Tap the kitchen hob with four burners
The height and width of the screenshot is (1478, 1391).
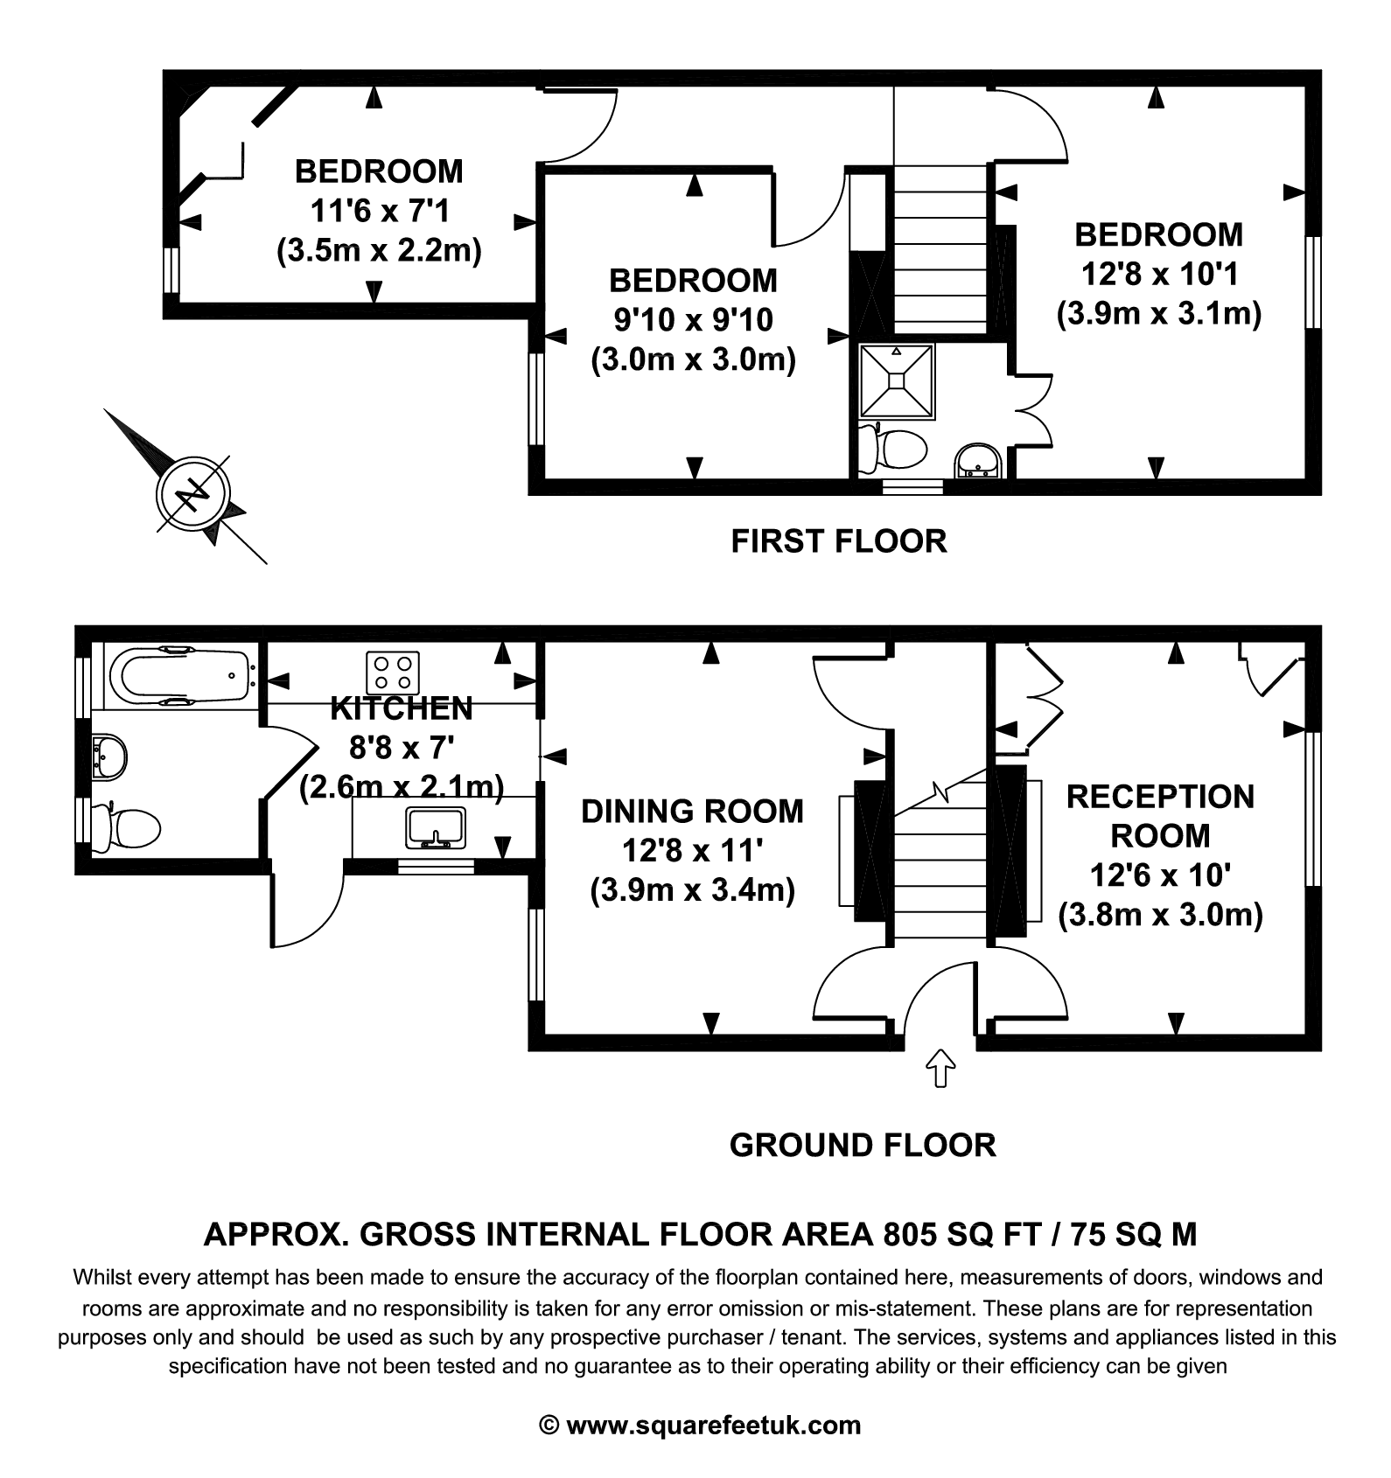(x=393, y=673)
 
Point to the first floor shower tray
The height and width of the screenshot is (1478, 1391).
(x=897, y=380)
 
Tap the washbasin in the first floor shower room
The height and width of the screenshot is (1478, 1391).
(x=978, y=461)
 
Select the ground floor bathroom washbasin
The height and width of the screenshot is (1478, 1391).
(x=108, y=755)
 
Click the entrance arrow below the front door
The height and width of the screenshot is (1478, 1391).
(x=940, y=1068)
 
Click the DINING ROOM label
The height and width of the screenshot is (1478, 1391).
(x=692, y=811)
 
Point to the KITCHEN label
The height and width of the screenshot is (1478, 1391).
(x=402, y=708)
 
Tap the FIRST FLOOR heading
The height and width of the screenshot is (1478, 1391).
(x=838, y=541)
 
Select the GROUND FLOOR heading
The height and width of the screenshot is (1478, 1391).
(x=862, y=1145)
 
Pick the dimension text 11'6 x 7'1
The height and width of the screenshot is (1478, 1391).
(x=379, y=211)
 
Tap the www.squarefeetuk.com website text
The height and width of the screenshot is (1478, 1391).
(x=713, y=1426)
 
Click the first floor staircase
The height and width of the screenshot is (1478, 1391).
(x=940, y=249)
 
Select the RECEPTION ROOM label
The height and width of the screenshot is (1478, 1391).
(x=1160, y=815)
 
